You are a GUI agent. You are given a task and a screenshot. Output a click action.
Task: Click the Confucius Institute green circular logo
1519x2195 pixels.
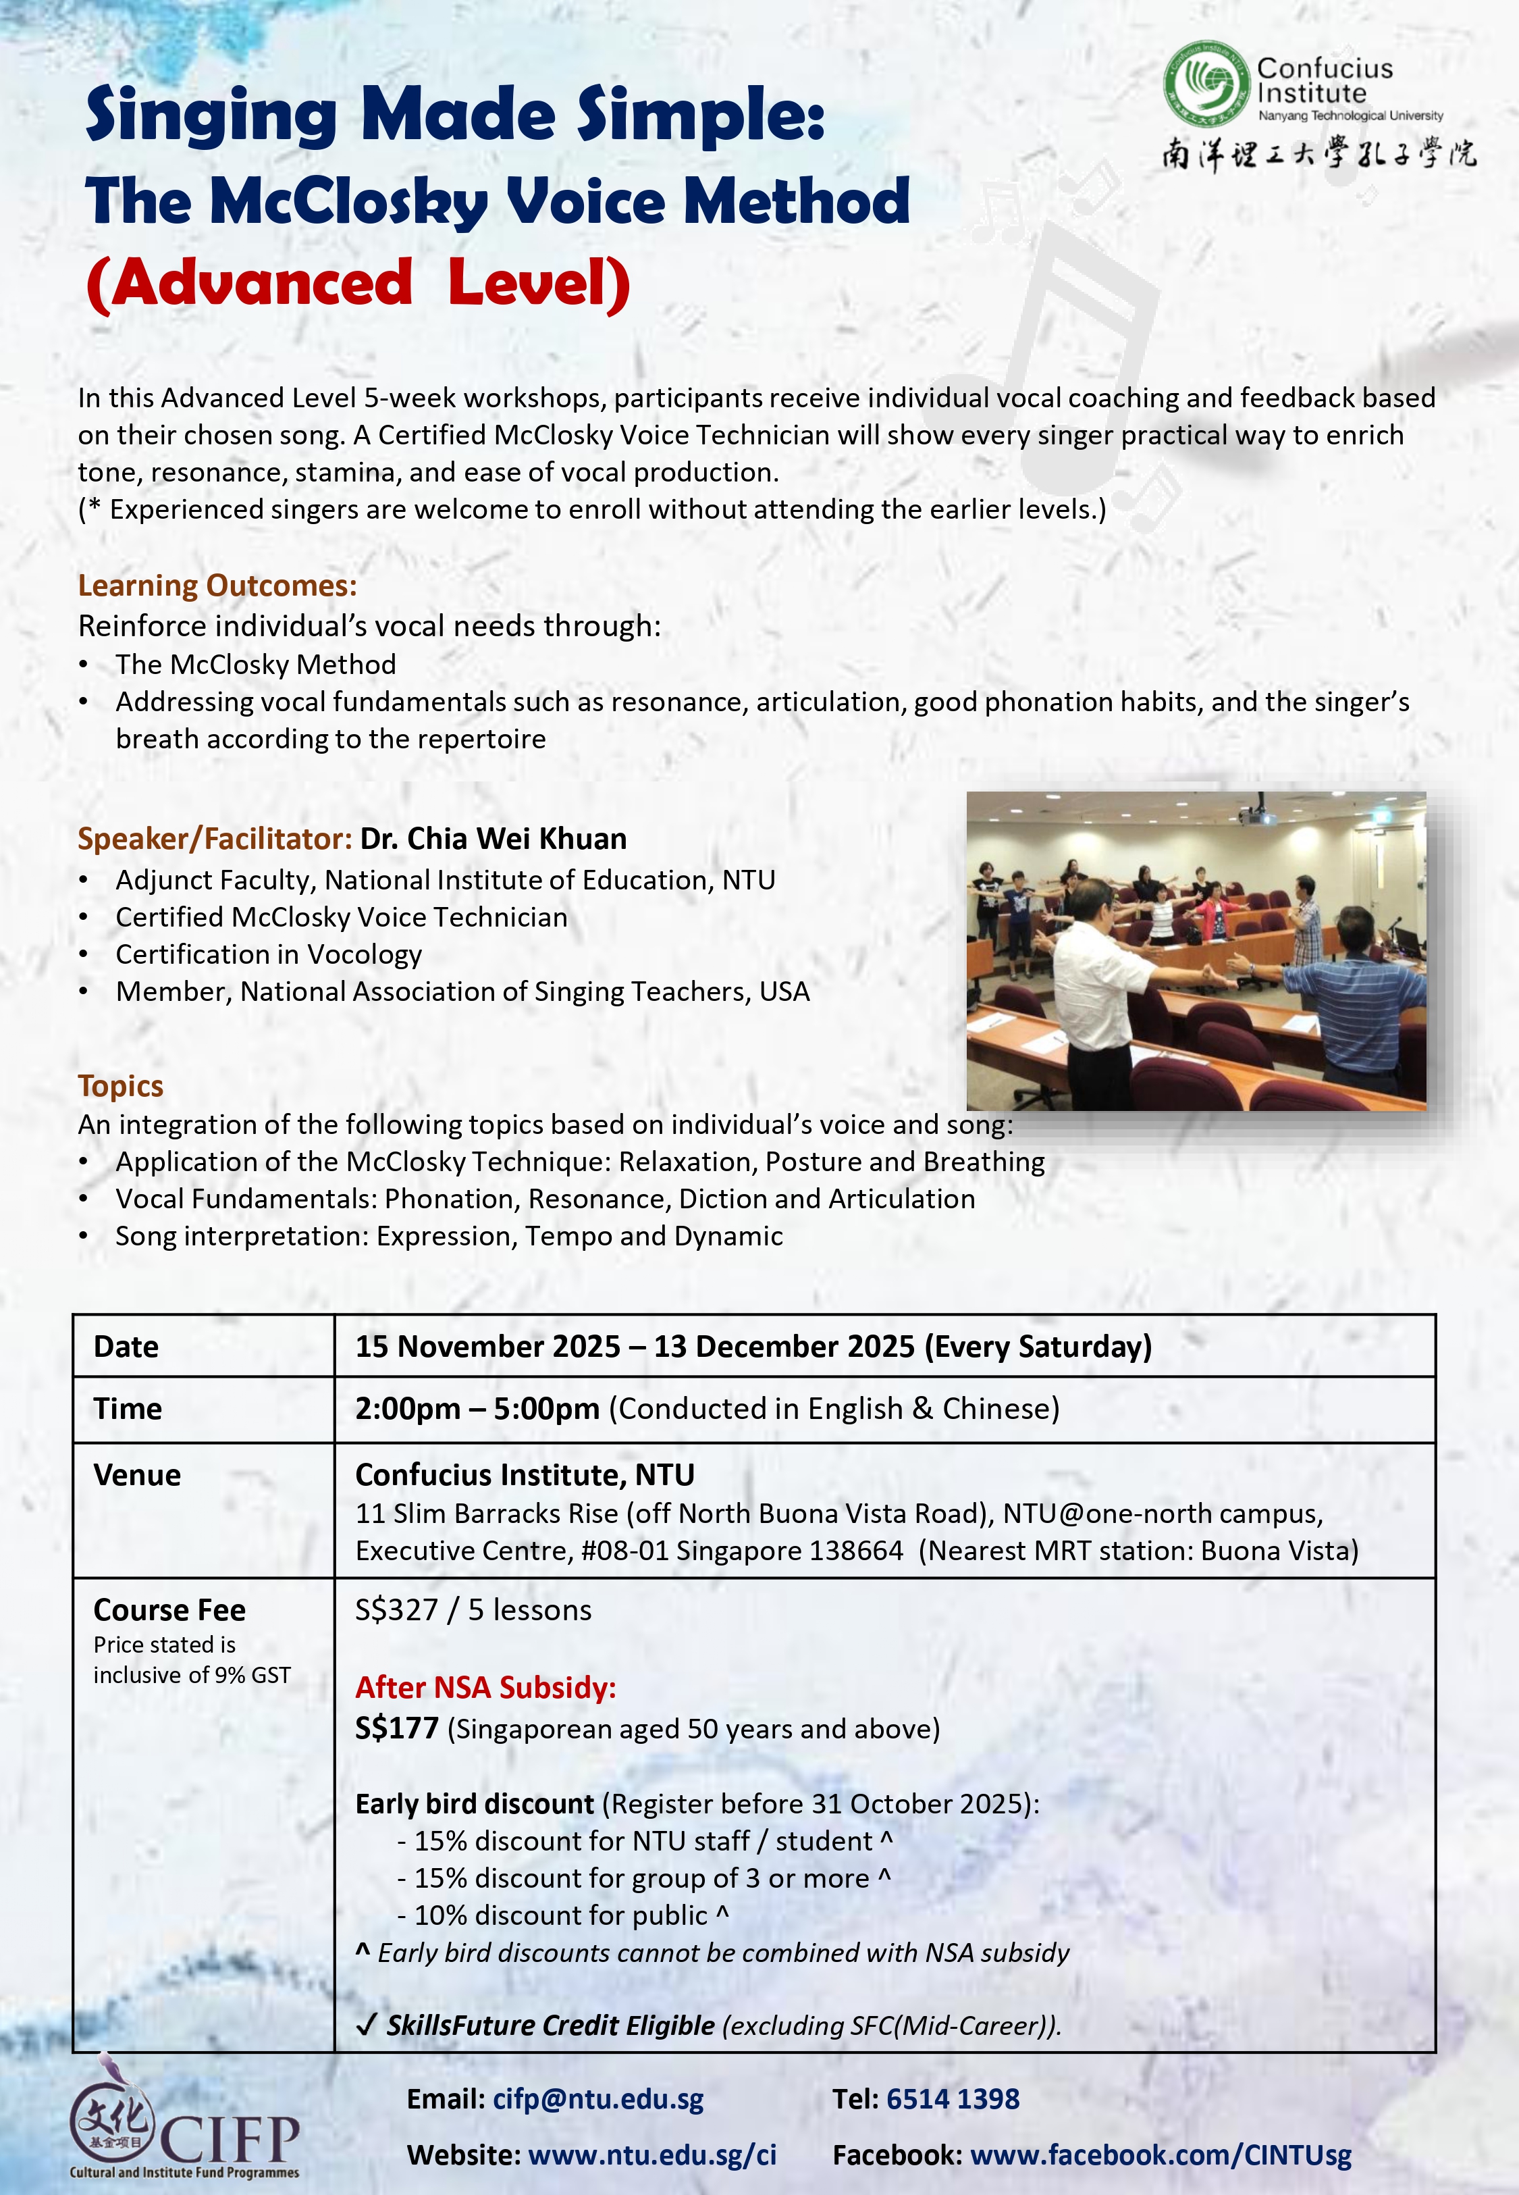1206,84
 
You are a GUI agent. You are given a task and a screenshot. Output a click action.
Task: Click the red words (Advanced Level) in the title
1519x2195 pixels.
358,284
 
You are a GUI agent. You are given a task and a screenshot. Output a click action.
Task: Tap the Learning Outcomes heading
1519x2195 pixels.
217,586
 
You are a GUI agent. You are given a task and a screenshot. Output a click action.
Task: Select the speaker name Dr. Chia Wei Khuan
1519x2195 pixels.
493,839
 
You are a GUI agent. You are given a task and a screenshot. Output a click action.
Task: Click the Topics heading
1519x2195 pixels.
120,1086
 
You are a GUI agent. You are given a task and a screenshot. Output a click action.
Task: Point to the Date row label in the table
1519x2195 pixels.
126,1347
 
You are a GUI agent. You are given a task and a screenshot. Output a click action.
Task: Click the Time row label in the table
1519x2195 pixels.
128,1409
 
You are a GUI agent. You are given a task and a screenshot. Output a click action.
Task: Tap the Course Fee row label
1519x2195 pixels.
169,1609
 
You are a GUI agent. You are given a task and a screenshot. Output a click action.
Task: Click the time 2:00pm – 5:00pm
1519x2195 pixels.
477,1409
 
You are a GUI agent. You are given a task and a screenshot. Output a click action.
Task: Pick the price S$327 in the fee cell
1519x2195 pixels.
396,1609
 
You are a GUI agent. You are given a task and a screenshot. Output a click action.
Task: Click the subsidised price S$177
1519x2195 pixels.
396,1728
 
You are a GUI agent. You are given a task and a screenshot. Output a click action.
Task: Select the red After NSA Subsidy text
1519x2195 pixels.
485,1688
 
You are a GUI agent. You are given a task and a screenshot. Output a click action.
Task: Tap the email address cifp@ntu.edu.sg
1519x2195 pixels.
597,2099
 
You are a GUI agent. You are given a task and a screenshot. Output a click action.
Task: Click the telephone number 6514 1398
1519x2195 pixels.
952,2099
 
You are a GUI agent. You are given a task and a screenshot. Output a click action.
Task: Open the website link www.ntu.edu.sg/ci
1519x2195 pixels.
652,2155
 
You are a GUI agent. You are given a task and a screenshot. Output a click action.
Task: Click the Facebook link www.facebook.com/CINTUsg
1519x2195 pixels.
1161,2155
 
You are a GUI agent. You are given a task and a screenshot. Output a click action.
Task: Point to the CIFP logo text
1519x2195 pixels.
228,2140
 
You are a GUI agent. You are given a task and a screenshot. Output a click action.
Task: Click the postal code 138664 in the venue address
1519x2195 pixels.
855,1551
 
